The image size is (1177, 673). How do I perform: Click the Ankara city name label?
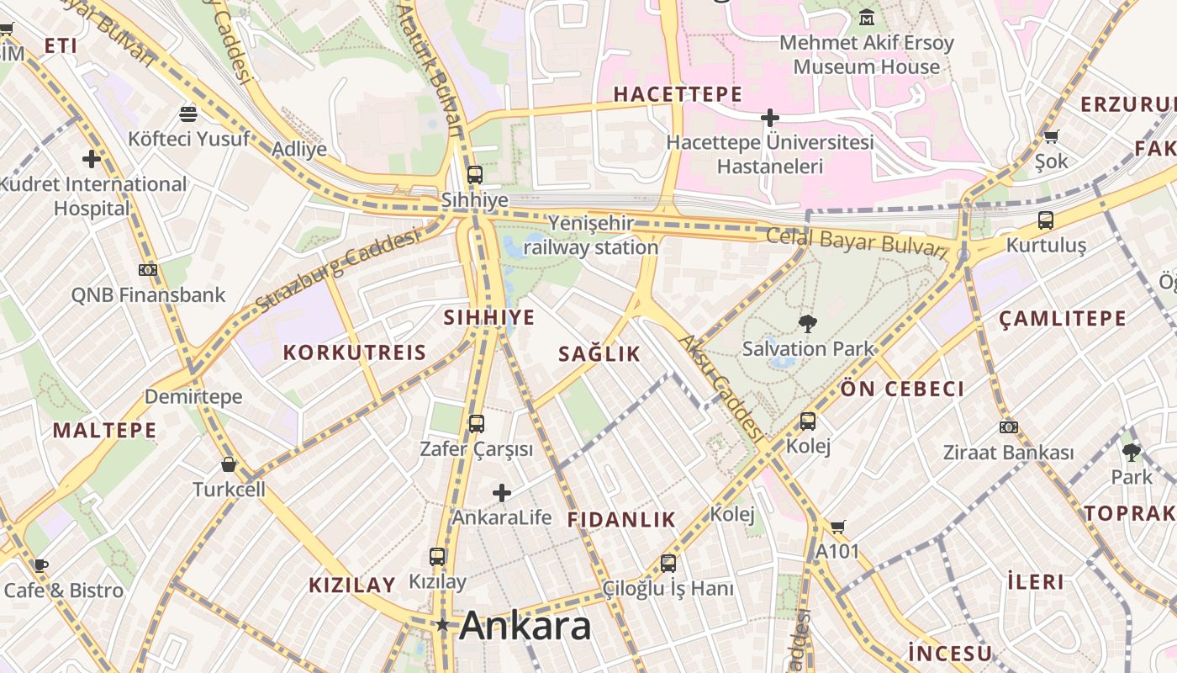(x=525, y=626)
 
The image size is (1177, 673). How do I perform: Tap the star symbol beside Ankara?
(x=442, y=625)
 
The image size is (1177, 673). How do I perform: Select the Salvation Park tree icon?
(x=807, y=323)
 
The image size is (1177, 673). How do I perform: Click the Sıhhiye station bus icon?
(x=475, y=175)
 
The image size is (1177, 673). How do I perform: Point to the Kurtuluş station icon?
(x=1046, y=220)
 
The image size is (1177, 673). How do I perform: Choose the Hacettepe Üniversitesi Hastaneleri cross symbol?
(x=769, y=118)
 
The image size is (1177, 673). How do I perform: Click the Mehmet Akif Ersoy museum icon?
(x=867, y=17)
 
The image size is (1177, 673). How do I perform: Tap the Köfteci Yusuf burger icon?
(x=188, y=114)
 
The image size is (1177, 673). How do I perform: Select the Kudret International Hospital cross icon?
(x=92, y=158)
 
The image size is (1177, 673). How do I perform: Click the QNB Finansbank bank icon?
(x=148, y=270)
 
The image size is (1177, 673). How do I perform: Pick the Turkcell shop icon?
(x=228, y=464)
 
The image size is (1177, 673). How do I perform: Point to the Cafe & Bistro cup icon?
(x=40, y=565)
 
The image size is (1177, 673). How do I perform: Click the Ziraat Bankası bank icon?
(x=1008, y=427)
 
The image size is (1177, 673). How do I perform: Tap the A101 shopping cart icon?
(x=837, y=527)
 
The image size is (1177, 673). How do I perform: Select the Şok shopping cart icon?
(x=1051, y=136)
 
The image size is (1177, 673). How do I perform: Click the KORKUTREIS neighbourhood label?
(x=355, y=352)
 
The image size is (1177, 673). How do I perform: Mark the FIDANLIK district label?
(x=621, y=519)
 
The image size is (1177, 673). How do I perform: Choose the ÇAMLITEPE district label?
(x=1063, y=319)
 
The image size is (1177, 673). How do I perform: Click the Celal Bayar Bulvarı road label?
(x=857, y=241)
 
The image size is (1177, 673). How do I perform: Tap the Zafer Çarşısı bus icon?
(x=476, y=424)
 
